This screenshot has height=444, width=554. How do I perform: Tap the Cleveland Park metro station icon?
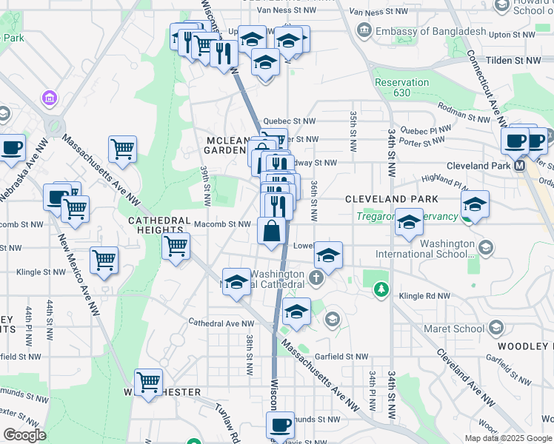point(520,166)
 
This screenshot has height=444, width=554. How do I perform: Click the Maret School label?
point(453,329)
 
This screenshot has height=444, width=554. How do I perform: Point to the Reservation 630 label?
point(401,87)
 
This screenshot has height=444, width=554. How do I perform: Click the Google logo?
point(24,435)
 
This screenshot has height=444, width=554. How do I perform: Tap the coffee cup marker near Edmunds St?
point(280,425)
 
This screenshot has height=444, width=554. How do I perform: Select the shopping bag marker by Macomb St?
point(272,231)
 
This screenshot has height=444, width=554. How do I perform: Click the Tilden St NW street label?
point(511,59)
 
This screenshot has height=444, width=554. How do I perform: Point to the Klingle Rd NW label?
point(424,296)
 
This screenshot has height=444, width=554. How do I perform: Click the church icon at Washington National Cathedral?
point(316,279)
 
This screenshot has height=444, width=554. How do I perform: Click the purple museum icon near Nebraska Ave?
point(50,97)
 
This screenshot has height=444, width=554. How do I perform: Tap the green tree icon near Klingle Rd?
point(381,289)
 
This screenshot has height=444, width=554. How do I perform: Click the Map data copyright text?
point(509,438)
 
